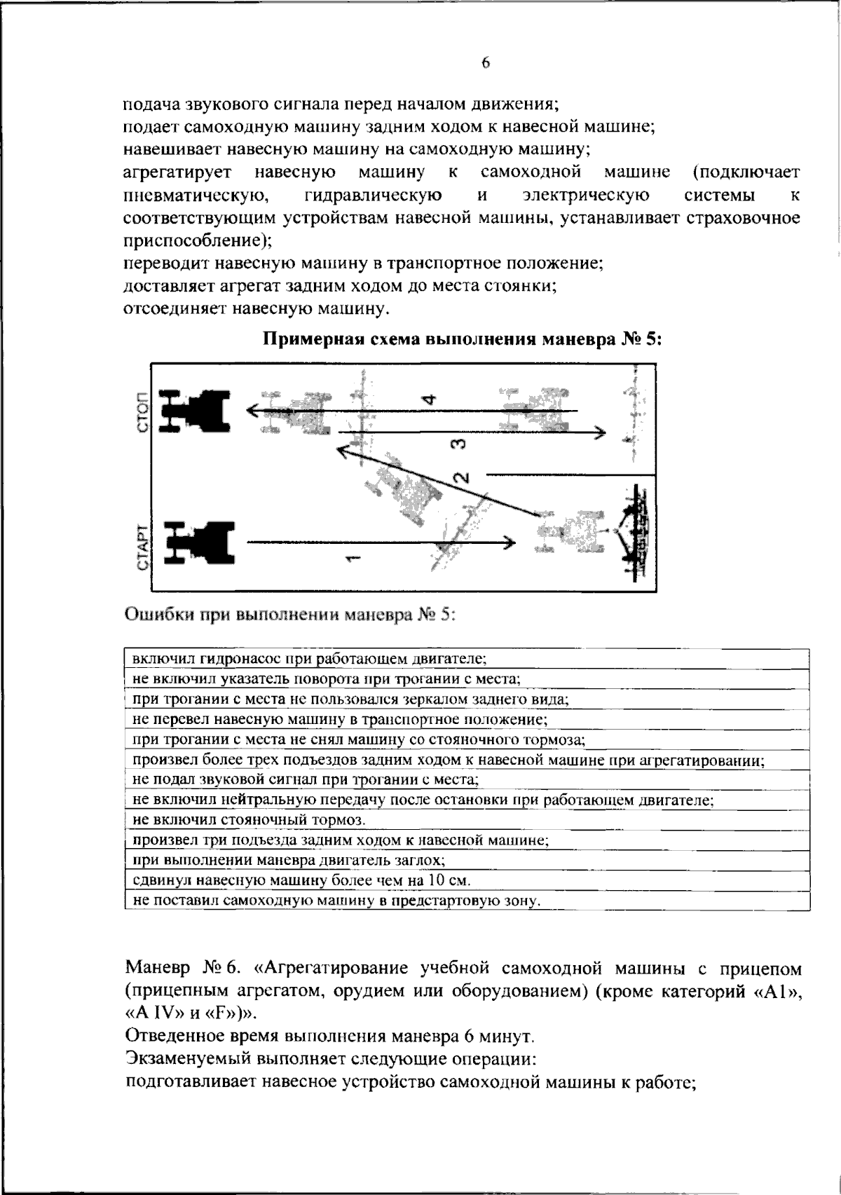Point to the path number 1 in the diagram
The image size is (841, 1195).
point(353,557)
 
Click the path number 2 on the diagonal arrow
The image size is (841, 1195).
point(461,479)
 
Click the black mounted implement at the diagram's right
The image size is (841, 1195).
point(635,533)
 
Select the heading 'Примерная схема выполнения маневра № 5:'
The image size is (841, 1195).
point(462,340)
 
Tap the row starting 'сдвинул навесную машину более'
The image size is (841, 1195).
point(301,880)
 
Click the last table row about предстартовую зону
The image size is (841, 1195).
point(336,901)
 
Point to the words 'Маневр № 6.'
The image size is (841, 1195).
point(183,969)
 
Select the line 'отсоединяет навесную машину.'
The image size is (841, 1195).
point(257,308)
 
